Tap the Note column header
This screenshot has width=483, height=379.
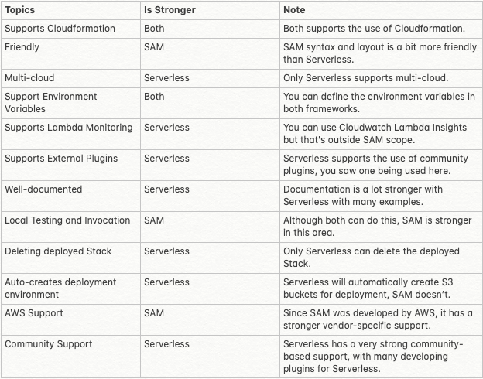294,10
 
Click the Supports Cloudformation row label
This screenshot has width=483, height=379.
60,29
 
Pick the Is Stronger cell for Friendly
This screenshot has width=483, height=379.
154,47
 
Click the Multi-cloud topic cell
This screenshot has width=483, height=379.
29,78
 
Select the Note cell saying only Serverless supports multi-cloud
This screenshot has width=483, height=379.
365,78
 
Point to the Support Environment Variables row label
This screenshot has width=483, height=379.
51,102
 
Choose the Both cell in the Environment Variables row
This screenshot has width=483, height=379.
154,97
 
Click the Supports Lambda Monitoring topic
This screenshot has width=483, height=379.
68,128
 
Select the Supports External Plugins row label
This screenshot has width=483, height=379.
61,159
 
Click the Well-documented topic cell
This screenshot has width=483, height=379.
43,189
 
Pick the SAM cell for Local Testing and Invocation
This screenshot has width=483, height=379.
154,220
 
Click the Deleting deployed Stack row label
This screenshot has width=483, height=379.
58,251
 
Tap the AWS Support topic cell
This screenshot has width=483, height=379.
34,313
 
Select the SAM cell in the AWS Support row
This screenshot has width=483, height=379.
154,313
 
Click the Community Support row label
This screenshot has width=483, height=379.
48,344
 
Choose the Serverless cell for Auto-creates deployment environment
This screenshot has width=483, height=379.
166,282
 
